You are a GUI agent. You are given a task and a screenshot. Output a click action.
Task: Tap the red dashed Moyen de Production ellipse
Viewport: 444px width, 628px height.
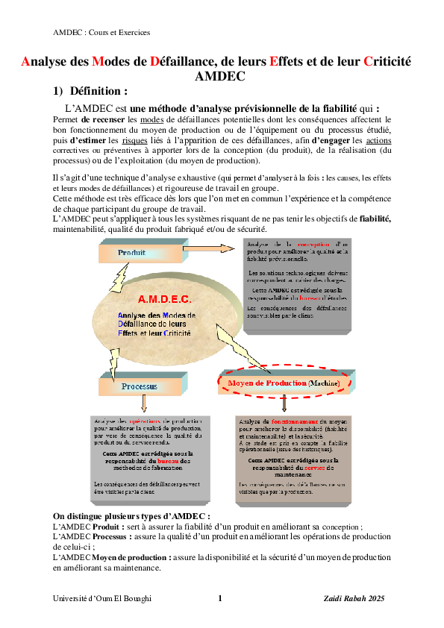[284, 383]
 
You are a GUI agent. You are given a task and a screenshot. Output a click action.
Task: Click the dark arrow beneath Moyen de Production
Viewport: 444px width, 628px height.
[284, 404]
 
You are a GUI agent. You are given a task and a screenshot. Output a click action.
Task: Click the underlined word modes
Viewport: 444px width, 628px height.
[151, 119]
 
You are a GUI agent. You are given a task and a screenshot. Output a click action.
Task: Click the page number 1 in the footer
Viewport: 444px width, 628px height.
[220, 598]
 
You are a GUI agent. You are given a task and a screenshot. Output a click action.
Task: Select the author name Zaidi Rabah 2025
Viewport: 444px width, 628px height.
[354, 598]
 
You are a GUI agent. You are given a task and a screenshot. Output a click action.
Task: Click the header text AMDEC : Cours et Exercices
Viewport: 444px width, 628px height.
[101, 32]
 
